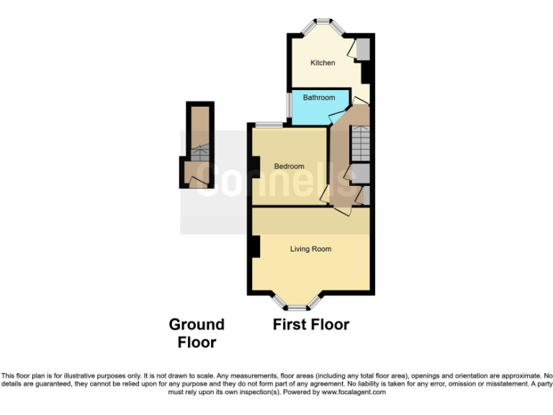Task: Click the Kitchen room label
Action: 323,63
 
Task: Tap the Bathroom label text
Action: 318,97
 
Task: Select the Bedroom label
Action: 289,166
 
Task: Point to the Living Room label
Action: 310,249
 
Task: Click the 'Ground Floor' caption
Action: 197,334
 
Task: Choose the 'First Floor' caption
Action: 310,325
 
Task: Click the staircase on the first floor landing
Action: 359,144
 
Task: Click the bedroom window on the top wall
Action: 268,125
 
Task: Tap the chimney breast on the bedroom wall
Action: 254,167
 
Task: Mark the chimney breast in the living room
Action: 255,246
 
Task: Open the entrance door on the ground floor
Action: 197,183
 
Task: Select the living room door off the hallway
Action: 344,209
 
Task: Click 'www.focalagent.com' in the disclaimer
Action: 354,393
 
